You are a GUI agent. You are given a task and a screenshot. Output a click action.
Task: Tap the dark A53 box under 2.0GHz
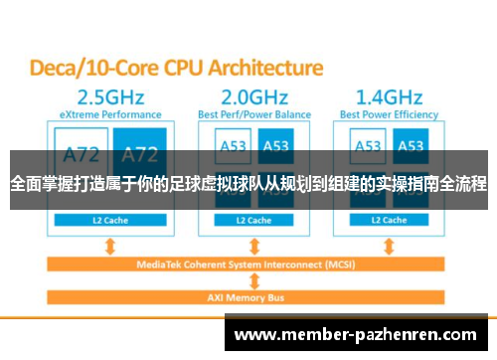275,145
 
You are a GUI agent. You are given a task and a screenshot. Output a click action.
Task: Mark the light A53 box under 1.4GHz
368,145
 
